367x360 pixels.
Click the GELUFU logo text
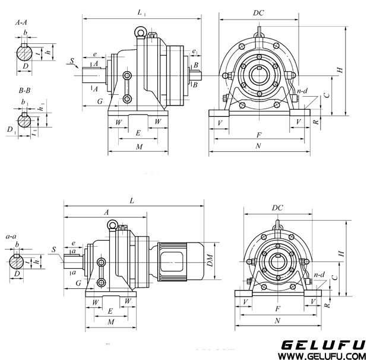coord(324,345)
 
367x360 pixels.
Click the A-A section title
coord(21,23)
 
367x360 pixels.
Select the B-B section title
coord(24,91)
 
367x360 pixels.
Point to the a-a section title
coord(11,237)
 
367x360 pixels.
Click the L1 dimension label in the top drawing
coord(141,12)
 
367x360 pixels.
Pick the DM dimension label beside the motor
coord(210,260)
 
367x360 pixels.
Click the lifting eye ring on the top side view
coord(140,32)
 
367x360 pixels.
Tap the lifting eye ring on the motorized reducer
coord(113,225)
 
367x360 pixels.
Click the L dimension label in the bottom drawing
coord(132,201)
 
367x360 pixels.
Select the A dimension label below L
coord(106,212)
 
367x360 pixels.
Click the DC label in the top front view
coord(258,13)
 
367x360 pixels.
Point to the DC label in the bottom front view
coord(277,208)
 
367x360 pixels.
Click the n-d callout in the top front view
coord(302,91)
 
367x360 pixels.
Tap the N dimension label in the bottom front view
coord(277,320)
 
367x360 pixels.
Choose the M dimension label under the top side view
coord(139,147)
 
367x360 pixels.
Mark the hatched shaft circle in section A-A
coord(24,53)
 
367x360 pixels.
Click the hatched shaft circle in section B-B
coord(24,121)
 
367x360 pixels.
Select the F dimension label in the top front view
coord(259,135)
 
